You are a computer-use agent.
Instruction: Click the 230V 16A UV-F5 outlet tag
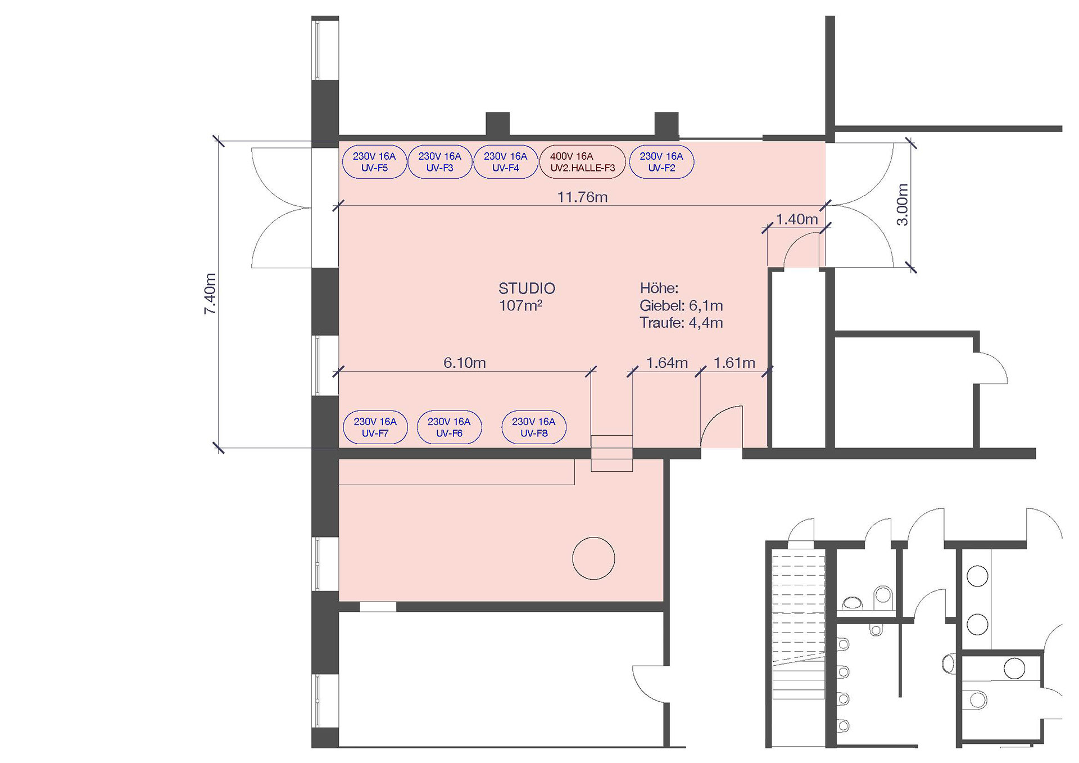click(374, 162)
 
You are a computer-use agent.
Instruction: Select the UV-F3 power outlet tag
click(439, 162)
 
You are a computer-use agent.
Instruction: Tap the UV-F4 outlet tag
click(505, 162)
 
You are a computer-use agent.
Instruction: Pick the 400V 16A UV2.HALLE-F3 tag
click(582, 162)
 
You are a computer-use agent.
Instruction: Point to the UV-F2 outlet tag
click(661, 162)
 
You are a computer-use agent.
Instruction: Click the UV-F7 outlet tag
click(375, 427)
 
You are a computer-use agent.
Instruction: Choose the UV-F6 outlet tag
click(449, 427)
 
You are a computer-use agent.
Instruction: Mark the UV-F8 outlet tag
click(533, 427)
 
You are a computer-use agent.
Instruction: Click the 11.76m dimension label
click(582, 197)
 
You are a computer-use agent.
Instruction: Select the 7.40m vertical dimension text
click(210, 294)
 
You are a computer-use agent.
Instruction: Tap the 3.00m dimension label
click(901, 205)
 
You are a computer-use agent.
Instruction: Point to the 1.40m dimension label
click(797, 219)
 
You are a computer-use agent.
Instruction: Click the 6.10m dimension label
click(465, 363)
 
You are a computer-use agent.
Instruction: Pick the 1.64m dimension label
click(667, 363)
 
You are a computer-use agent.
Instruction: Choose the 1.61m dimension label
click(735, 363)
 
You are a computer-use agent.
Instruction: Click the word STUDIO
click(527, 288)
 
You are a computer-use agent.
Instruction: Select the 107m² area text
click(520, 305)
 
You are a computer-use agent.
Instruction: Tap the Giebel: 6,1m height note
click(681, 306)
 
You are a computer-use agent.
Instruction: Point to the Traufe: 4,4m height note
click(681, 323)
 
